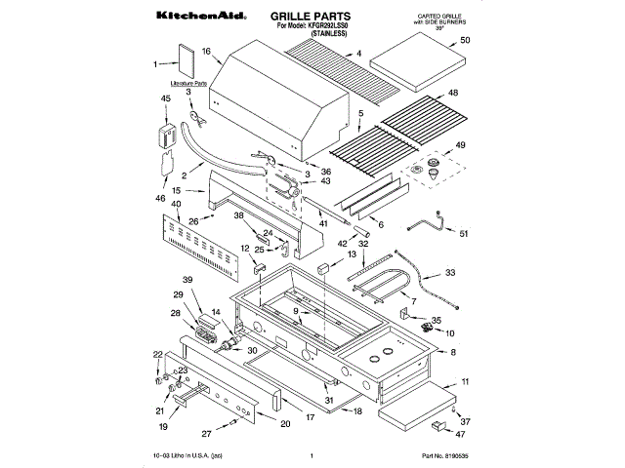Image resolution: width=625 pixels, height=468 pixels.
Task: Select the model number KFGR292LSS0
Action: pyautogui.click(x=333, y=26)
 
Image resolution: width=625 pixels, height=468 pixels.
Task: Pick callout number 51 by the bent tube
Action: pyautogui.click(x=464, y=233)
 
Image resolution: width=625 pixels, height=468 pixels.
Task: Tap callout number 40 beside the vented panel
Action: pyautogui.click(x=176, y=205)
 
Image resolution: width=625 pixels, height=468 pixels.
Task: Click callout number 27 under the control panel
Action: pyautogui.click(x=205, y=433)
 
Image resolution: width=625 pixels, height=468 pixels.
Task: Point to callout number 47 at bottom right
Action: pyautogui.click(x=465, y=435)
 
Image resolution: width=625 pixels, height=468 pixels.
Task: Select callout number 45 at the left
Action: pyautogui.click(x=165, y=98)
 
